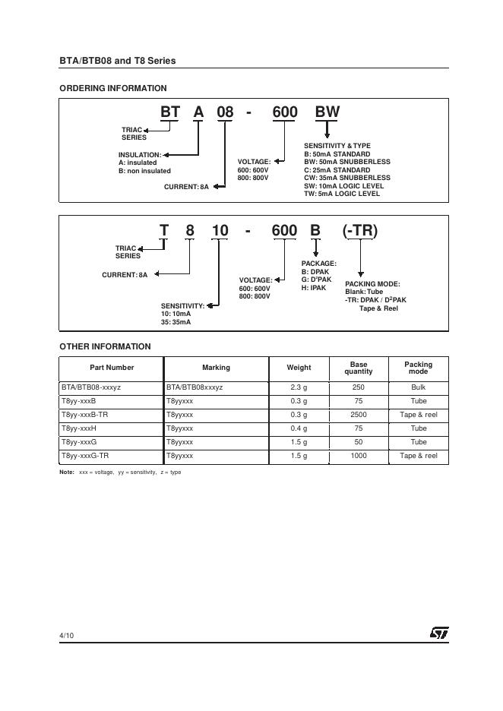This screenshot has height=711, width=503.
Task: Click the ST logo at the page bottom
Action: click(439, 633)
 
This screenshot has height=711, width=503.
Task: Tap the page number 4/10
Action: click(67, 634)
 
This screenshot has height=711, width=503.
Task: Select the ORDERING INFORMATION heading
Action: click(112, 88)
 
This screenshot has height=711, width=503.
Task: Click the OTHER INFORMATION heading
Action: click(105, 346)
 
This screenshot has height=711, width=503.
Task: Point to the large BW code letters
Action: click(327, 113)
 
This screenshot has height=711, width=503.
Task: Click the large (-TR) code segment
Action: click(360, 231)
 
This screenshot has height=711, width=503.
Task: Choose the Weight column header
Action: click(299, 368)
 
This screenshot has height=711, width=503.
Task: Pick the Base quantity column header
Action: click(359, 368)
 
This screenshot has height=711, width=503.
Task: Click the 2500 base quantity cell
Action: click(359, 415)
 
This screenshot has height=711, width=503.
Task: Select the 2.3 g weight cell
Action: click(299, 387)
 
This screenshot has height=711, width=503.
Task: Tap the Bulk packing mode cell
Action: click(419, 387)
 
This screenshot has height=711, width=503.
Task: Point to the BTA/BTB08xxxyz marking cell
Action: click(194, 387)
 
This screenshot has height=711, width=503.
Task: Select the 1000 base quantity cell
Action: click(359, 456)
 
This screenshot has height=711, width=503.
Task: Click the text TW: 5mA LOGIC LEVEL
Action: click(342, 194)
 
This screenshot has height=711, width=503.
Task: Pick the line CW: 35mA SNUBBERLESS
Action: click(346, 178)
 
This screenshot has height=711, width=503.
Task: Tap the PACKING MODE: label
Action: click(372, 284)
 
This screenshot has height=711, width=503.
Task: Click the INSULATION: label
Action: click(140, 155)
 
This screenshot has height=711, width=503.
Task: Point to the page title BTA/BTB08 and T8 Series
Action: click(117, 61)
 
